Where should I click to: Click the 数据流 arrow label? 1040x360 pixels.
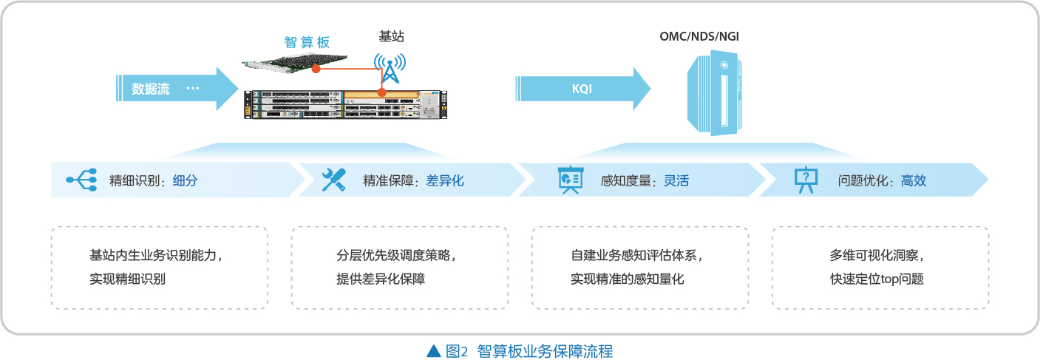pyautogui.click(x=151, y=89)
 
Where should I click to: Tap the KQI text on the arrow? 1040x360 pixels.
pyautogui.click(x=582, y=89)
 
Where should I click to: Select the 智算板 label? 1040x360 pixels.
pyautogui.click(x=307, y=42)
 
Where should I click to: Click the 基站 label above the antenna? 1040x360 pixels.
pyautogui.click(x=392, y=36)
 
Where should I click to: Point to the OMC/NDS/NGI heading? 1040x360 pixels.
pyautogui.click(x=699, y=36)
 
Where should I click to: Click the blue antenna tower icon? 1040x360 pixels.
pyautogui.click(x=390, y=68)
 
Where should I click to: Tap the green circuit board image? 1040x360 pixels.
pyautogui.click(x=294, y=63)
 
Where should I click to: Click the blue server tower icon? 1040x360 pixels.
pyautogui.click(x=715, y=93)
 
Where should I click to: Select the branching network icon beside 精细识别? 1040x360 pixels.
pyautogui.click(x=82, y=180)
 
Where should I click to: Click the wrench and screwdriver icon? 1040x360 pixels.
pyautogui.click(x=334, y=180)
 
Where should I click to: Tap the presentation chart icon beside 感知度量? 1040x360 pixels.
pyautogui.click(x=570, y=180)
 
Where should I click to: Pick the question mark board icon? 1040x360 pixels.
pyautogui.click(x=806, y=180)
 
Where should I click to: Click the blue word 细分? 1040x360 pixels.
pyautogui.click(x=186, y=180)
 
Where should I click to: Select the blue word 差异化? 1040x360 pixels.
pyautogui.click(x=445, y=180)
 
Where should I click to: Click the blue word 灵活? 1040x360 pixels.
pyautogui.click(x=676, y=180)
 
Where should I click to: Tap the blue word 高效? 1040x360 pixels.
pyautogui.click(x=914, y=180)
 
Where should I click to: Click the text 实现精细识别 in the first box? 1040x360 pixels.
pyautogui.click(x=128, y=279)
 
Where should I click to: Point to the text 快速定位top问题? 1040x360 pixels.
pyautogui.click(x=877, y=279)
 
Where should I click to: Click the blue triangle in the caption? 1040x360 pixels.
pyautogui.click(x=434, y=350)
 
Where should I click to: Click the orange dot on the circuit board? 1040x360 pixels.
pyautogui.click(x=316, y=69)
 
